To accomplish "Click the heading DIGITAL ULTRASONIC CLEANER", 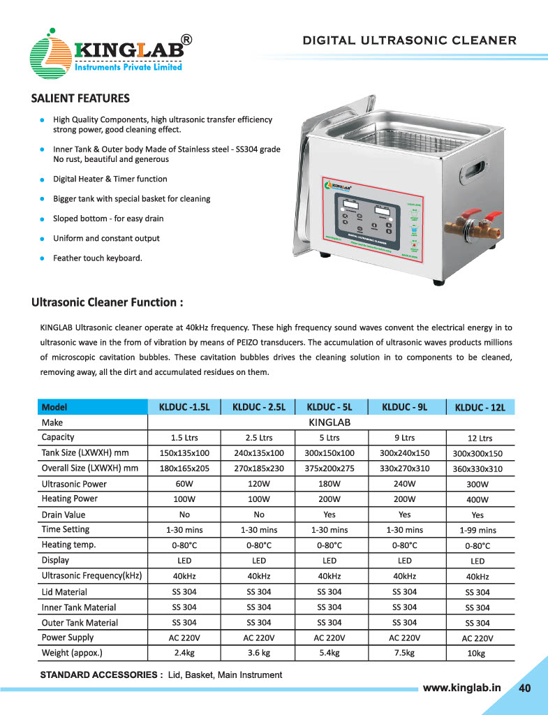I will [x=409, y=40].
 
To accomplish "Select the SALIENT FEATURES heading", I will [x=80, y=98].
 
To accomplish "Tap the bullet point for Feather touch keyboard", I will [x=43, y=258].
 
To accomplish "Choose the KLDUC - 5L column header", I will [x=329, y=406].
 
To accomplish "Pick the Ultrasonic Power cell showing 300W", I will [x=477, y=484].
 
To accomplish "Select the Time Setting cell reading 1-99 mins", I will [x=477, y=530].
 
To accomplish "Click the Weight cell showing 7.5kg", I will [x=404, y=653].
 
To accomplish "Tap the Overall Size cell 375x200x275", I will [x=329, y=469].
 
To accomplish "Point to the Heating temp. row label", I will [x=69, y=545].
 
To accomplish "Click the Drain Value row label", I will [x=64, y=515].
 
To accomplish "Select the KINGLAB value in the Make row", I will [x=329, y=422].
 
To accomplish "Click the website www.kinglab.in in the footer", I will [x=462, y=688].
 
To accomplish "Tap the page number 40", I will [x=525, y=688].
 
